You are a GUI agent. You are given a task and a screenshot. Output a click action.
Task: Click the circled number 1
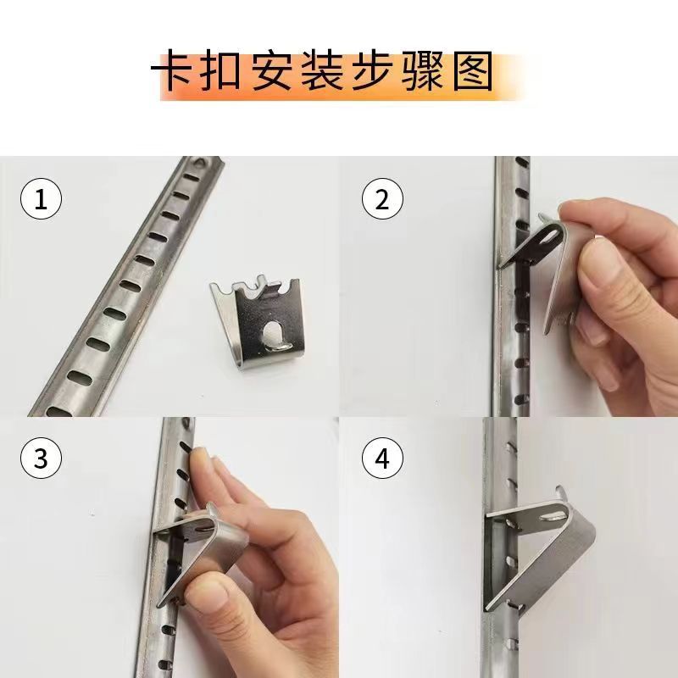40,201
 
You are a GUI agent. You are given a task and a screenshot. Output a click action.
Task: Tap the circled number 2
381,201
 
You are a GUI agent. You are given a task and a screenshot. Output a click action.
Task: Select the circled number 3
40,458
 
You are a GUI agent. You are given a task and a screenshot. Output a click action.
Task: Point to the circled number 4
381,458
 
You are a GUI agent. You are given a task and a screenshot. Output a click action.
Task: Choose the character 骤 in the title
420,75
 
